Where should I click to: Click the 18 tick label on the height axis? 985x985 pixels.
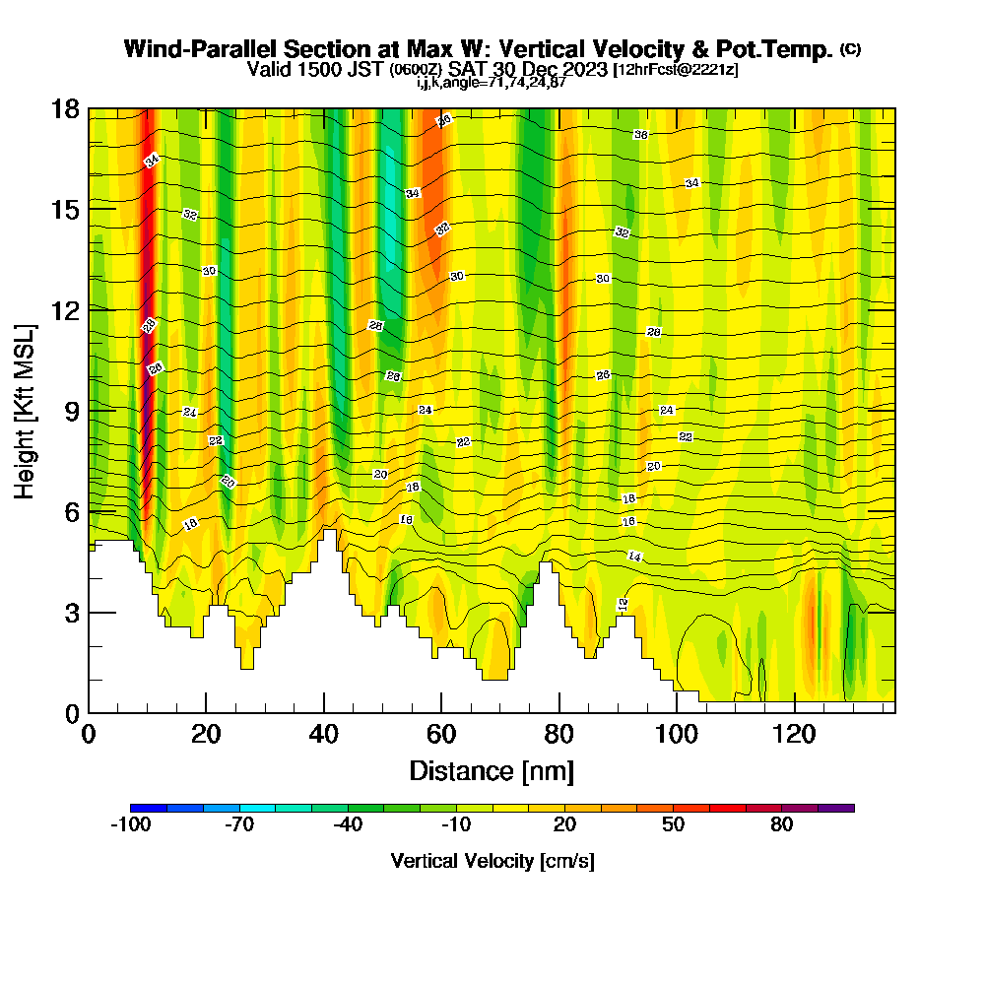tap(65, 108)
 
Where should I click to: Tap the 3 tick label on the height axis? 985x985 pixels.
tap(71, 612)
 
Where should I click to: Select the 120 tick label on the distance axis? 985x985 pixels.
tap(793, 734)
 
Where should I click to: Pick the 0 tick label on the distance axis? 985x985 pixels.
tap(89, 734)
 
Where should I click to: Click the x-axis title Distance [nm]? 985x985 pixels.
tap(492, 770)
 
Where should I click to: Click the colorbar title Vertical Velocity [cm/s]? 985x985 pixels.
tap(492, 861)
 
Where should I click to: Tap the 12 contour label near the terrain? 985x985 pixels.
tap(623, 604)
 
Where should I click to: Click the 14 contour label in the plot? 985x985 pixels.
tap(635, 558)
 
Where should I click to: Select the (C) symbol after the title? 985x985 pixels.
tap(850, 49)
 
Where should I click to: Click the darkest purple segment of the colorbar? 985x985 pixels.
tap(836, 808)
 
